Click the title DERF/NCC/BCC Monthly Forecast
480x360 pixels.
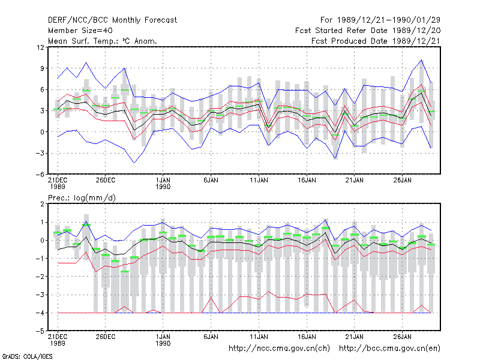(112, 20)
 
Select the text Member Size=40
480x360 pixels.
(80, 31)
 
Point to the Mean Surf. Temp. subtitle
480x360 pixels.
(102, 41)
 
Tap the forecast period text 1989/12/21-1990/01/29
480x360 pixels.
(388, 20)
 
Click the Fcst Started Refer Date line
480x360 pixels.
(368, 31)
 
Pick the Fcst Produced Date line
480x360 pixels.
(376, 41)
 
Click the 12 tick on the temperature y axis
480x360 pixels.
(40, 47)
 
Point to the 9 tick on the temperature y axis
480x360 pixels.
(42, 68)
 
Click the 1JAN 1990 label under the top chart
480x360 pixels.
(163, 183)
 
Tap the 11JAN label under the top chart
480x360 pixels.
(259, 180)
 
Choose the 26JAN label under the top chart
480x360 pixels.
(402, 180)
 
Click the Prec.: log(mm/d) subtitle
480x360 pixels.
(82, 198)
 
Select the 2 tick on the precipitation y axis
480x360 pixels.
(42, 204)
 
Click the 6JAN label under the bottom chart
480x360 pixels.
(211, 337)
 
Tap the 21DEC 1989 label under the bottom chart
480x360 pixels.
(58, 340)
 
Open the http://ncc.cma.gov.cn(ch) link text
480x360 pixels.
(279, 349)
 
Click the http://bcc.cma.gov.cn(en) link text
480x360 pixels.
(389, 349)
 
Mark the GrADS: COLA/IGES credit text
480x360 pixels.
(28, 356)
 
